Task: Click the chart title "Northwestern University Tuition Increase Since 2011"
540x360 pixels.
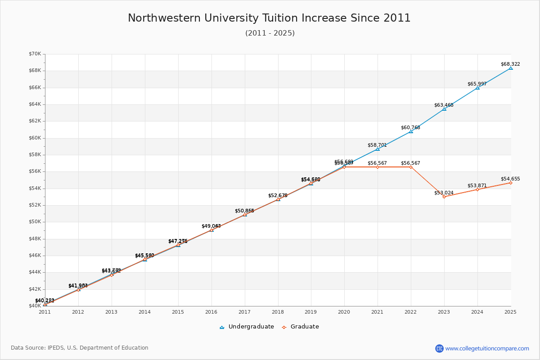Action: (269, 18)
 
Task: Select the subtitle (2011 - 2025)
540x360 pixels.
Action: (270, 33)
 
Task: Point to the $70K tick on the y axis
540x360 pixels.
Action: (35, 54)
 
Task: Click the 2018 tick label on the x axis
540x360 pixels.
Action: (278, 311)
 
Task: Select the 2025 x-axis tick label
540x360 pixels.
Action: (510, 311)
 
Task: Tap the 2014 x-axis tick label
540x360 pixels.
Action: (144, 311)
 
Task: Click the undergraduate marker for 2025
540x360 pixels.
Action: (510, 68)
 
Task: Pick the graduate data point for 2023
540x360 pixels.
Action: (444, 197)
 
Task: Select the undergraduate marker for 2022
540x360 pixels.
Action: (411, 131)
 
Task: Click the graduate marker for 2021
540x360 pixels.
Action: (378, 167)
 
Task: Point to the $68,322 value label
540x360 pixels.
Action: (510, 64)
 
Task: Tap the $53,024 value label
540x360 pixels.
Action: (444, 193)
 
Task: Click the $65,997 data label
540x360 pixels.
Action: (477, 84)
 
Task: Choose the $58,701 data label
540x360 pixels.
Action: (377, 145)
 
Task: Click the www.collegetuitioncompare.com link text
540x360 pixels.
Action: (487, 348)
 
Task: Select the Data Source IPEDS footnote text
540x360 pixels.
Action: (80, 348)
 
